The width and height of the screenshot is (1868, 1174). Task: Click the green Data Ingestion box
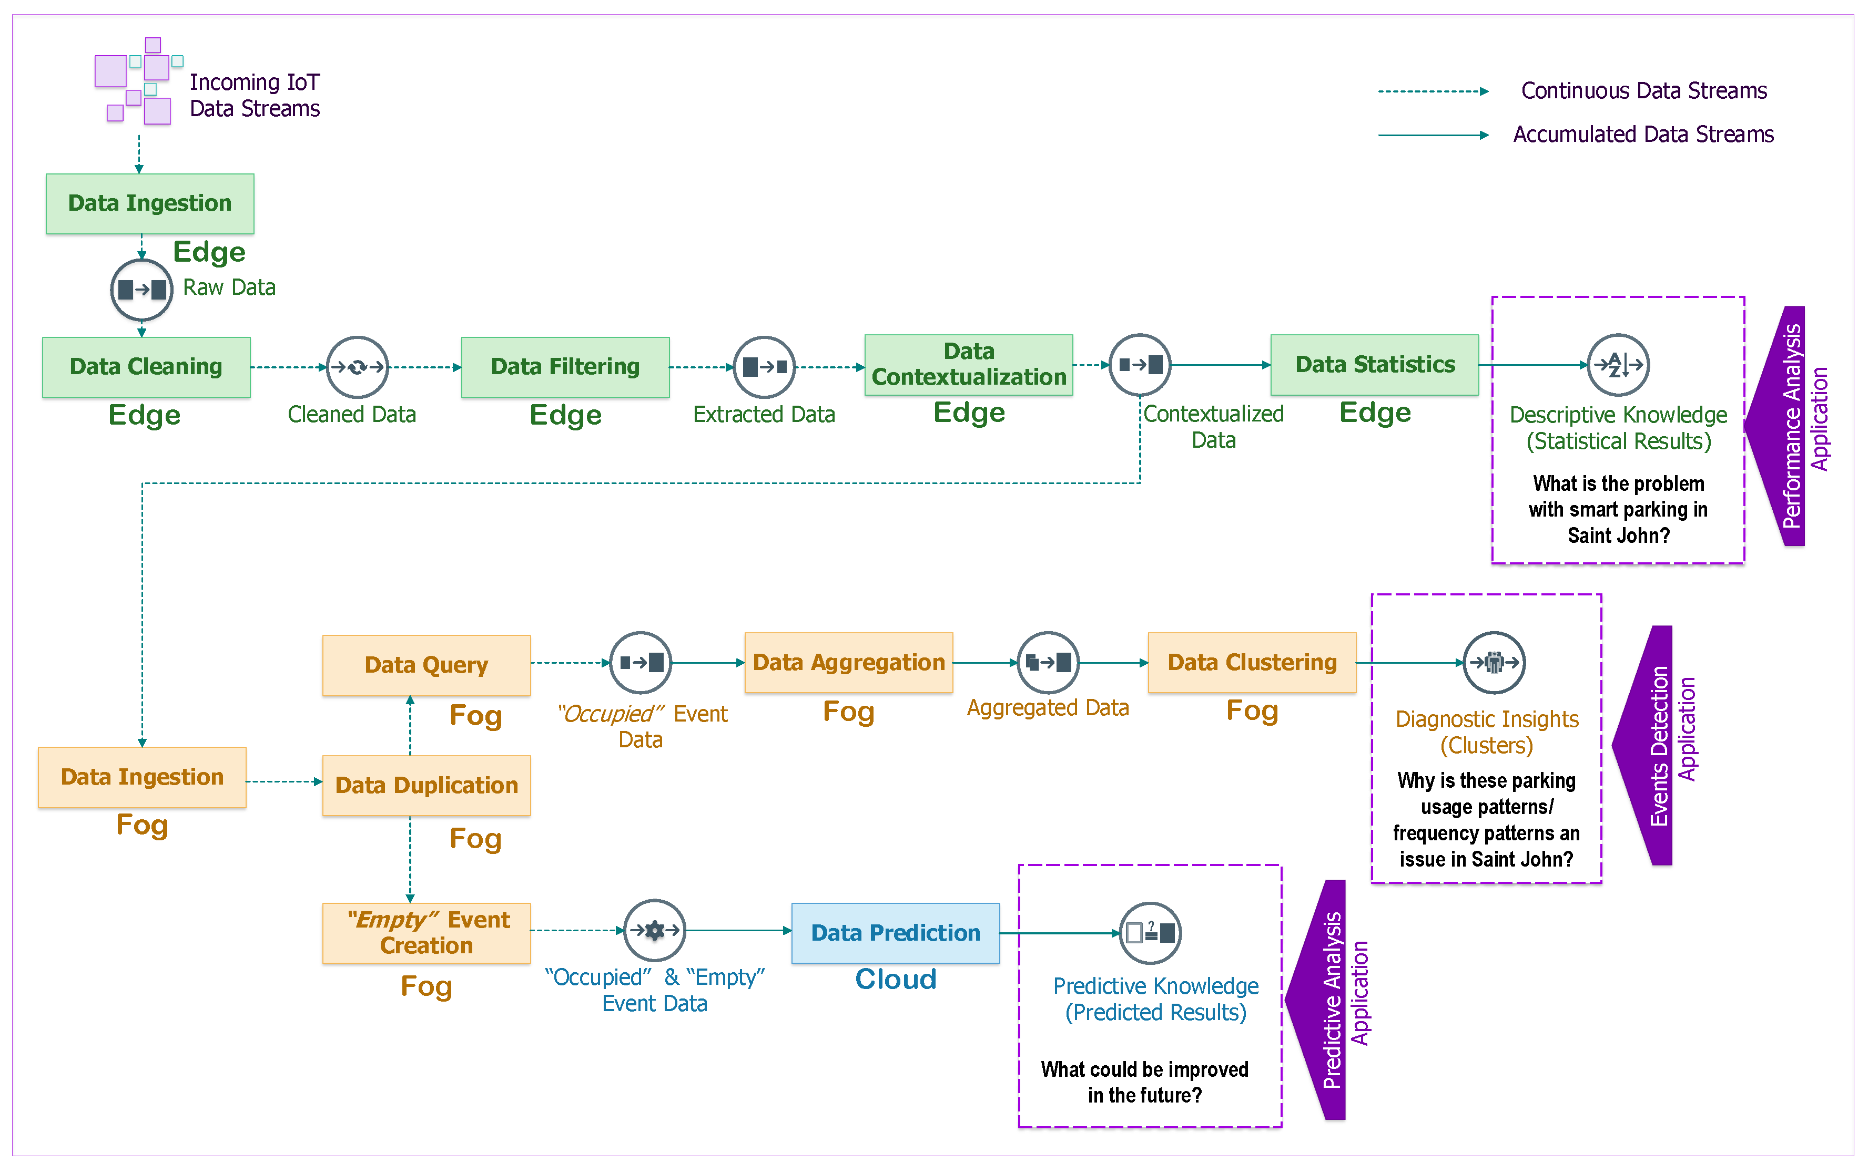(150, 203)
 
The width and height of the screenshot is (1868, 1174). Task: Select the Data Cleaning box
(146, 367)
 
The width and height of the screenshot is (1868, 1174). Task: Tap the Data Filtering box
(565, 367)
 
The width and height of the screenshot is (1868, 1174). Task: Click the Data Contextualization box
(968, 365)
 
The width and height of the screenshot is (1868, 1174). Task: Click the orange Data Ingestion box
(142, 777)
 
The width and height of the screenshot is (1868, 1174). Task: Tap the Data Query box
(426, 665)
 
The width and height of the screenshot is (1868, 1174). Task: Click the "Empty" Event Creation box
(426, 933)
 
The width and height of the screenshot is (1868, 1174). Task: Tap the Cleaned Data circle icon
(357, 367)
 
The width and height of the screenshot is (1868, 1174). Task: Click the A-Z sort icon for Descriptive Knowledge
(1618, 365)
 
